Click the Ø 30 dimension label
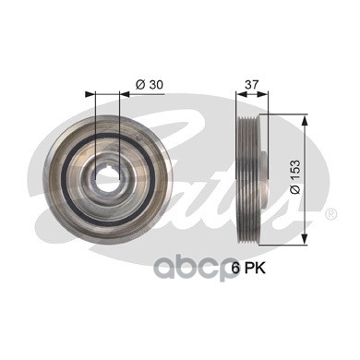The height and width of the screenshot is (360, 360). point(149,85)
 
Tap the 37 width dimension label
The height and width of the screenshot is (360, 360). point(252,84)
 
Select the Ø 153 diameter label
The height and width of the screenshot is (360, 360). point(294,177)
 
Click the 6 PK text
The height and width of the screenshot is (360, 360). point(248,269)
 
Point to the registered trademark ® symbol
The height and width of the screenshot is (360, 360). point(331,213)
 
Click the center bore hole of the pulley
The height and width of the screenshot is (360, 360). point(107,179)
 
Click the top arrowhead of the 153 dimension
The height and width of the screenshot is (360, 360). point(304,121)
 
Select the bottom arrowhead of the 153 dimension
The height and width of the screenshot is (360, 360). point(304,239)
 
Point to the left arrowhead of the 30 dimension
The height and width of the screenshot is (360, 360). point(90,94)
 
